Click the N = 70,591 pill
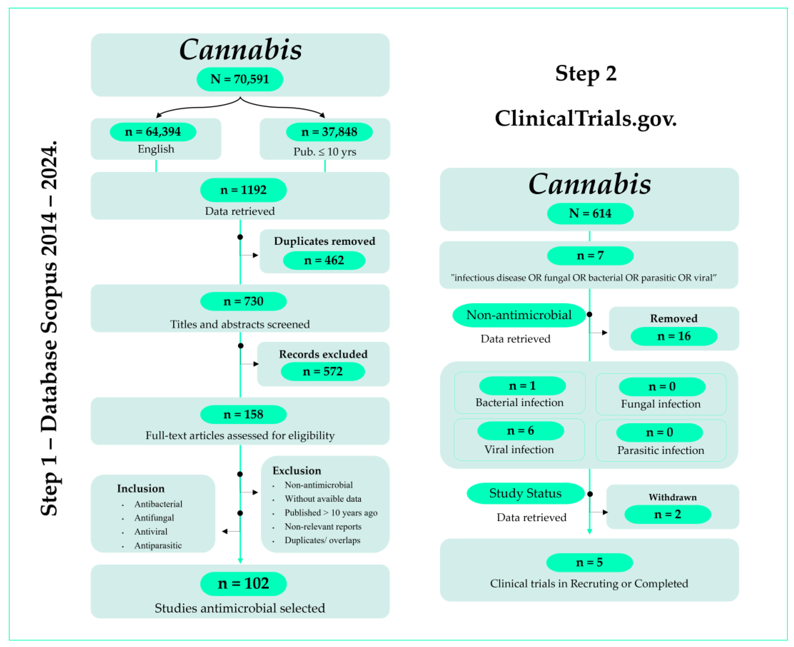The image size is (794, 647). (239, 79)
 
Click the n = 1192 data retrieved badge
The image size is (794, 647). (243, 190)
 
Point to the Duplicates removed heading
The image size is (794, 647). (324, 241)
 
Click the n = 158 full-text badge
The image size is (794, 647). (243, 414)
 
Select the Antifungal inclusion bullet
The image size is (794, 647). (154, 518)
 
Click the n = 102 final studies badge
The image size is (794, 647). (243, 583)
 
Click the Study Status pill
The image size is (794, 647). (525, 493)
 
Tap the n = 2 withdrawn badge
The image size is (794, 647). (667, 514)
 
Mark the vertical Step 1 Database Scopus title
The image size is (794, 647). (49, 328)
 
